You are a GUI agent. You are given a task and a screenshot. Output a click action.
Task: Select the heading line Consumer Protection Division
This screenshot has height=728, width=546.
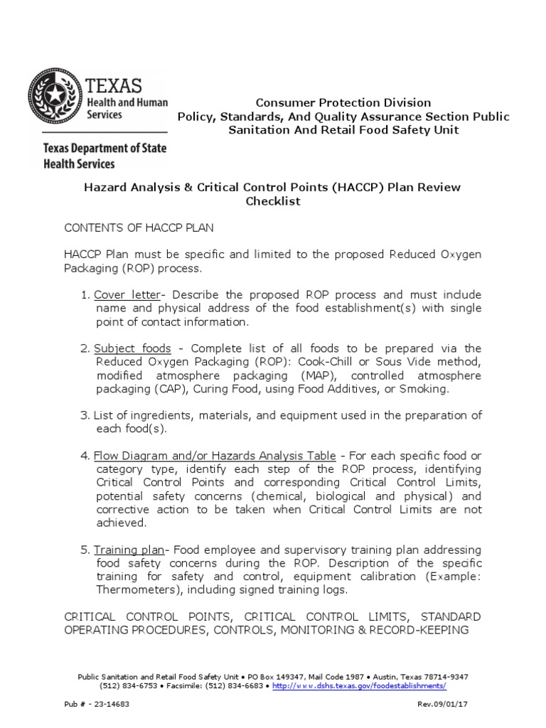pyautogui.click(x=343, y=103)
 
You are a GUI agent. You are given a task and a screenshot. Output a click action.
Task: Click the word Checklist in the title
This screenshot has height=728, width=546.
pyautogui.click(x=273, y=201)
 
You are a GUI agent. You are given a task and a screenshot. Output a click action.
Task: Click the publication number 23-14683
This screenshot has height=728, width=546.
pyautogui.click(x=108, y=703)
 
